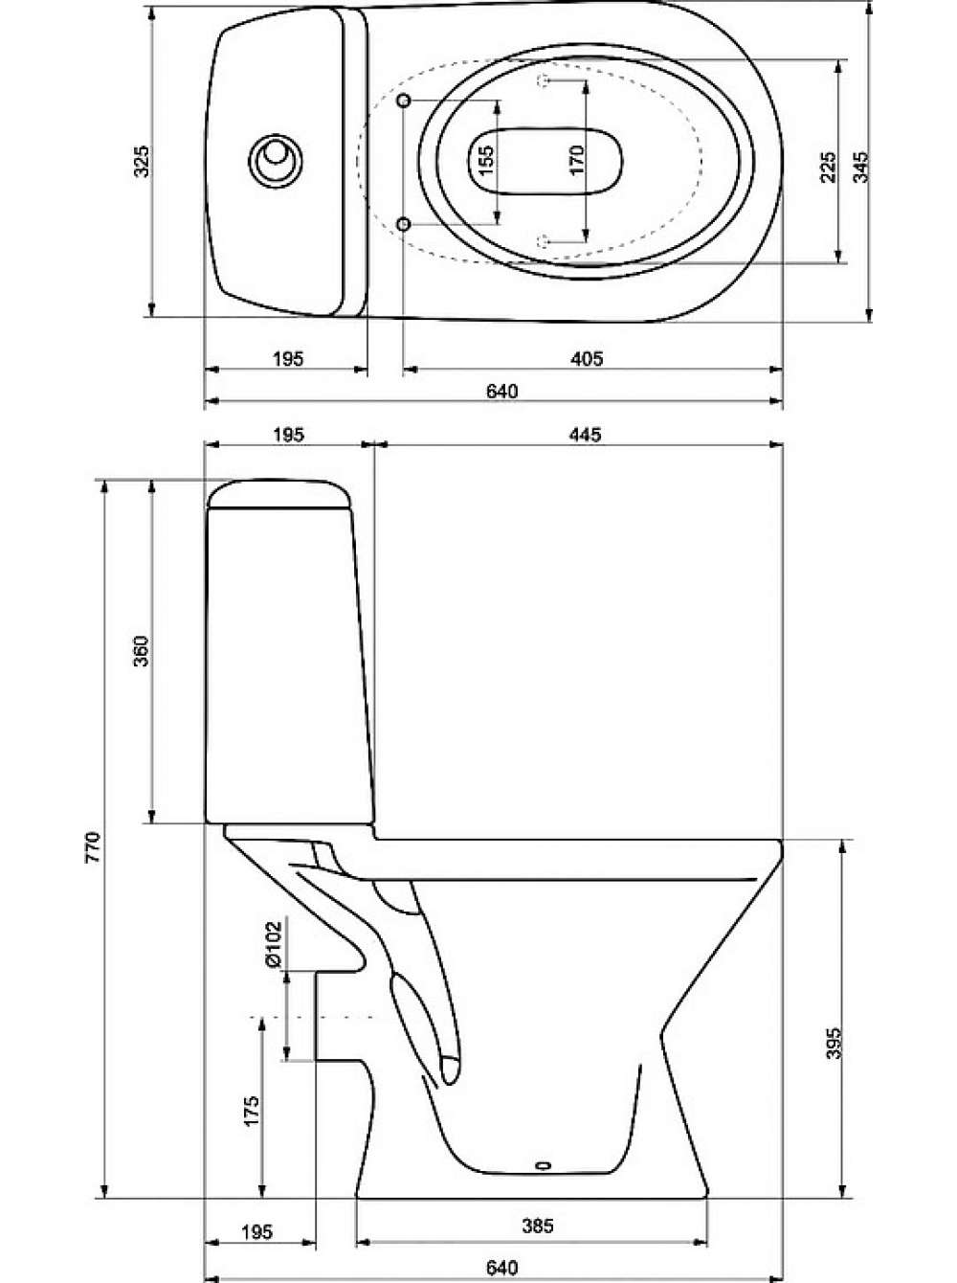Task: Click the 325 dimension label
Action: coord(142,161)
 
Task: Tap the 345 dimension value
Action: coord(860,168)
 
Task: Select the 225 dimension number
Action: coord(827,168)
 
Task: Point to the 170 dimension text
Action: coord(577,160)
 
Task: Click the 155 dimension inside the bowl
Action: coord(485,160)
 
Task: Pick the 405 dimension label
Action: coord(586,358)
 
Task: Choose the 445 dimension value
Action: coord(585,435)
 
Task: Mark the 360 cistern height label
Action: coord(142,651)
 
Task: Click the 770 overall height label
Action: coord(94,847)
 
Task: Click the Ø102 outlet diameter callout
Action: coord(274,944)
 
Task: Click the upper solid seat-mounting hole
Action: coord(404,101)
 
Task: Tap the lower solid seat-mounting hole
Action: coord(404,224)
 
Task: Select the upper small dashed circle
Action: coord(543,80)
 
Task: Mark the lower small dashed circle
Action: coord(543,239)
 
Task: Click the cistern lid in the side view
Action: coord(279,494)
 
